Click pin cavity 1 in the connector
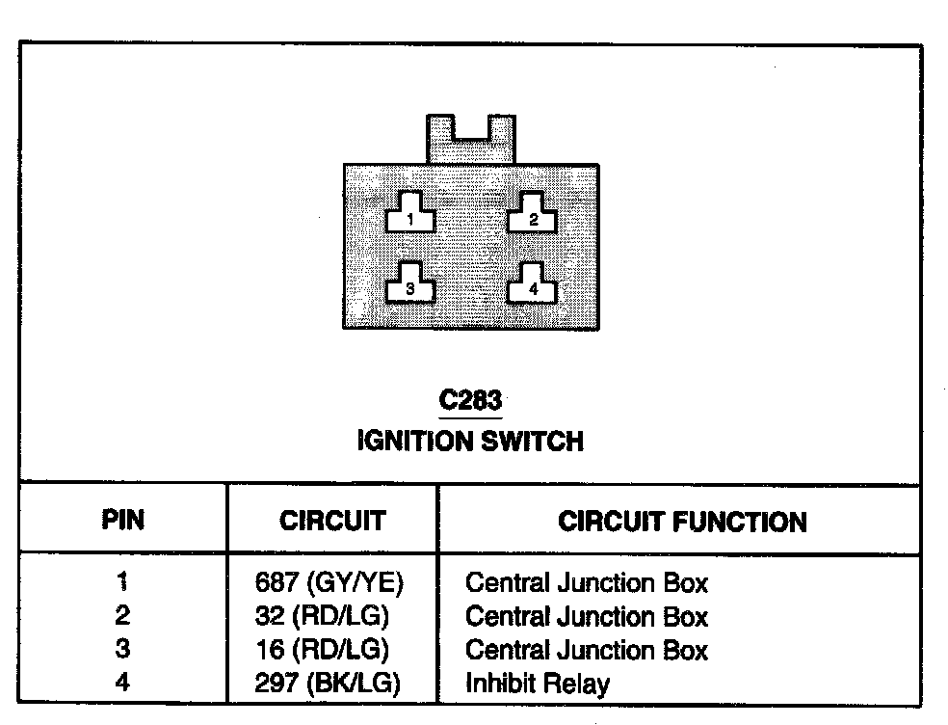tap(409, 214)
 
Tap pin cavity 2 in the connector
tap(533, 214)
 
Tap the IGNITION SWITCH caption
tap(470, 442)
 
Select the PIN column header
tap(122, 522)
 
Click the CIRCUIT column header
tap(331, 522)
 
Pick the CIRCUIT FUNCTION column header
tap(682, 522)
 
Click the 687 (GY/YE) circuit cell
tap(329, 582)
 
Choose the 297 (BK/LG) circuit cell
tap(328, 684)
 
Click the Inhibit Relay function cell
tap(537, 684)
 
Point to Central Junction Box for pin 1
tap(586, 582)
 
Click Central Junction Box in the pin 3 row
tap(586, 650)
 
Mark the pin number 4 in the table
tap(122, 684)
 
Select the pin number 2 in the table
tap(122, 616)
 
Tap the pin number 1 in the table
tap(122, 582)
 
